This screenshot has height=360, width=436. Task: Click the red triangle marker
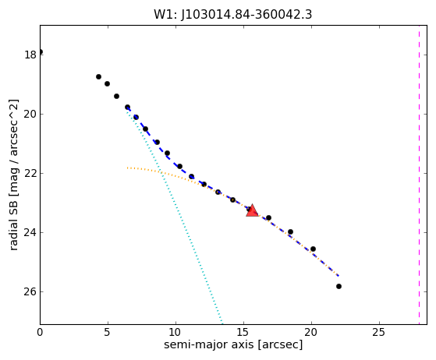[x=252, y=210]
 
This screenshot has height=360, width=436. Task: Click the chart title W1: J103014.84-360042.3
[x=233, y=15]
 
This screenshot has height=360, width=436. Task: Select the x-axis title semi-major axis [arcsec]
[x=233, y=344]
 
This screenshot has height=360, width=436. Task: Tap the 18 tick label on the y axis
[x=30, y=55]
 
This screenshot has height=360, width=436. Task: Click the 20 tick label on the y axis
[x=30, y=115]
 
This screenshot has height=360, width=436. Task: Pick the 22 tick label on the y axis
[x=30, y=173]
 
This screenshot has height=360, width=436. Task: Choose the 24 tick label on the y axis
[x=30, y=232]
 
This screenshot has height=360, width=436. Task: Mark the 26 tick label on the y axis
[x=30, y=291]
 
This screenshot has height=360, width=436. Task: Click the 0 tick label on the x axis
[x=40, y=332]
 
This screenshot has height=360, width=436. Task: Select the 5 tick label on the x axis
[x=108, y=332]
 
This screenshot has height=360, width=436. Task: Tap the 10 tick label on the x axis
[x=175, y=332]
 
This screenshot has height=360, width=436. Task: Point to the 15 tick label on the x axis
[x=243, y=332]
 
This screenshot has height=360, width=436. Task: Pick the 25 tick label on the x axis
[x=379, y=332]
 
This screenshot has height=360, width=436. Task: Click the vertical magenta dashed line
[x=419, y=175]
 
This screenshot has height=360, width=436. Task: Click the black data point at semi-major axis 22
[x=339, y=287]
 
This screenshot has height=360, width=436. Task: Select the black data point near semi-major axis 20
[x=313, y=249]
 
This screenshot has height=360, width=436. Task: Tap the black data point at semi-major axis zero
[x=41, y=52]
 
